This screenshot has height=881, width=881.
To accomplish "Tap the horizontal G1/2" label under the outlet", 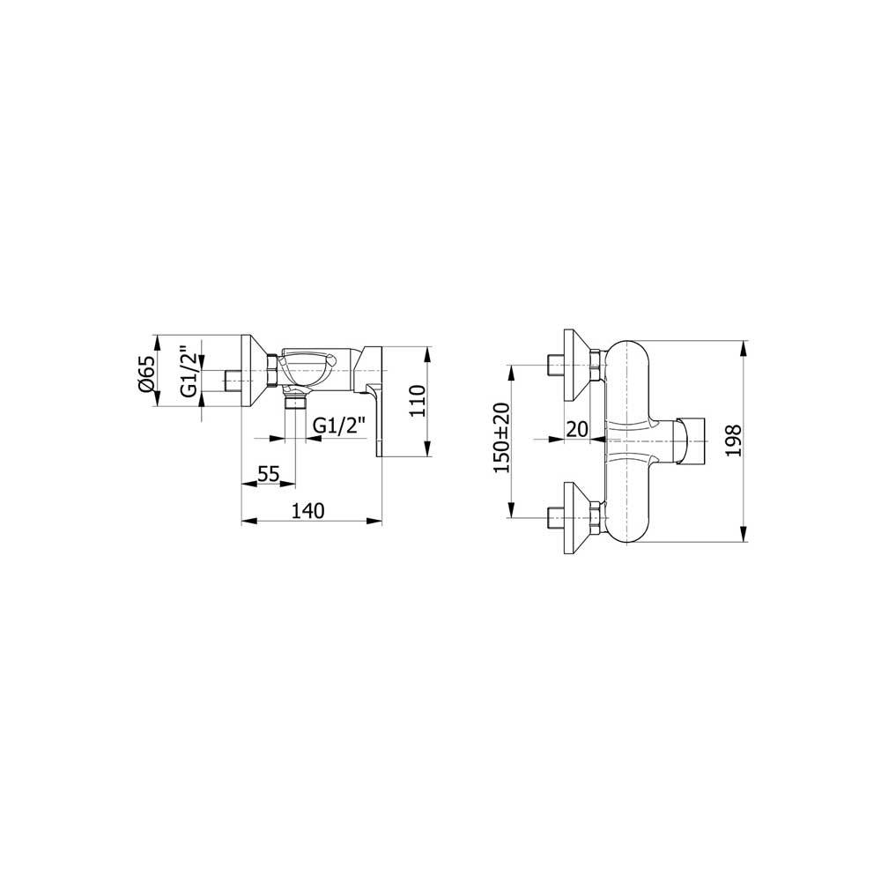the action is click(339, 426).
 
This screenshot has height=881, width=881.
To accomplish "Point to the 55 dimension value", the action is click(268, 474).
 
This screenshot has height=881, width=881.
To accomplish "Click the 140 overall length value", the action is click(307, 511).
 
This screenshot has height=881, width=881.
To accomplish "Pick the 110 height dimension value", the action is click(418, 401).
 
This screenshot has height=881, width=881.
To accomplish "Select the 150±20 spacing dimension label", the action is click(502, 438).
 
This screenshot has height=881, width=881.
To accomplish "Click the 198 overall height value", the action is click(733, 441).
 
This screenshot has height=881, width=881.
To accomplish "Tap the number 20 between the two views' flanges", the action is click(576, 429).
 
